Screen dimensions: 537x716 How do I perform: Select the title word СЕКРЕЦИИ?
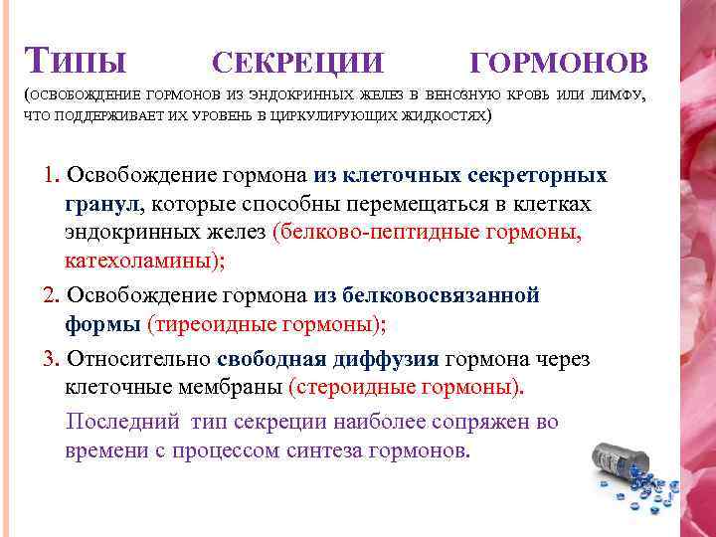(x=297, y=63)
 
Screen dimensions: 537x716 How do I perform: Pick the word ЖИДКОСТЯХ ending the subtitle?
(x=445, y=116)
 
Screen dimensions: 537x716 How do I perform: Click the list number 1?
(x=50, y=176)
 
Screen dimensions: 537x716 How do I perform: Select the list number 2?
(x=50, y=295)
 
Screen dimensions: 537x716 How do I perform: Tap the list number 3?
(x=50, y=359)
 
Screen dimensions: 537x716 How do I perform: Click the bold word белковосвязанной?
(x=441, y=295)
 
